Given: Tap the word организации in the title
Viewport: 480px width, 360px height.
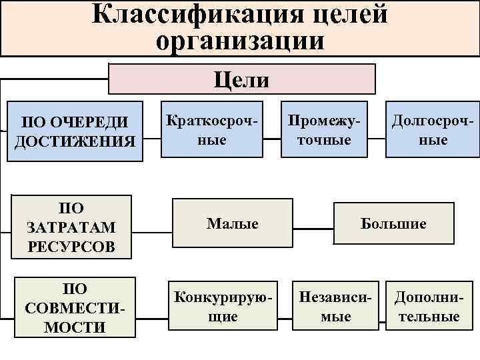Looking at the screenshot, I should (x=241, y=41).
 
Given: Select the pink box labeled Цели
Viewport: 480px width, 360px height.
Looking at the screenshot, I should (x=242, y=79).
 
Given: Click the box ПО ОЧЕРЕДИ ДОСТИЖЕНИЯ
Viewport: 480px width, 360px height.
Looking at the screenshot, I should (x=75, y=132).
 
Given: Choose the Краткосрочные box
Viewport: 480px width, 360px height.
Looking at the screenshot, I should (x=211, y=131).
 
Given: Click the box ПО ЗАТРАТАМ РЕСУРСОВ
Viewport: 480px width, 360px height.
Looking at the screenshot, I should (x=71, y=227).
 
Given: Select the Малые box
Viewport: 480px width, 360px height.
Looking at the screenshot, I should (x=232, y=223).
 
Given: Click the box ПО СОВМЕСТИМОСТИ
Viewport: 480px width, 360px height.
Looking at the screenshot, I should (x=74, y=308).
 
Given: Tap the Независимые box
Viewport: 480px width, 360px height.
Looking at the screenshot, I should (x=335, y=306).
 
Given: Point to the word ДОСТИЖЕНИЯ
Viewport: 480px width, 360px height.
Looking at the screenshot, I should (x=75, y=141).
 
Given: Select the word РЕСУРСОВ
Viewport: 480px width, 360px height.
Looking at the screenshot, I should (x=71, y=247).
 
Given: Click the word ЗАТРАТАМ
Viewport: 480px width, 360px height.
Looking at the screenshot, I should (x=71, y=227).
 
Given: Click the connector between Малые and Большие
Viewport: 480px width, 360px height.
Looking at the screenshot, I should (x=313, y=223).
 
